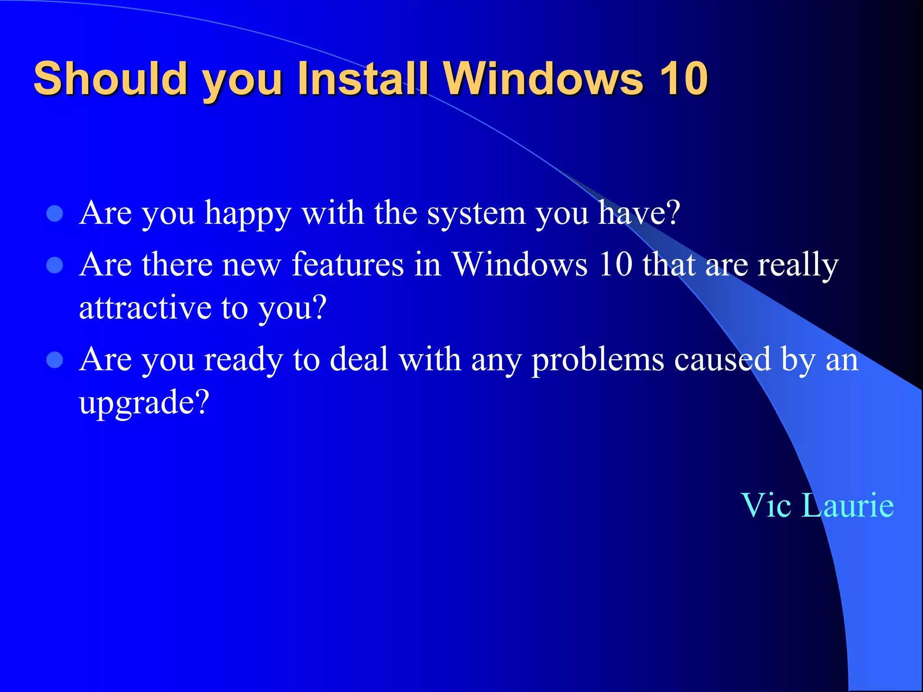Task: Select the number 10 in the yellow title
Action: [684, 78]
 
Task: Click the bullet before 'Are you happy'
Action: [55, 214]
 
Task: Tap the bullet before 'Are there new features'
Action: [55, 265]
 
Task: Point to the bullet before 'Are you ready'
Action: [55, 360]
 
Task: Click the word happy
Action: [248, 214]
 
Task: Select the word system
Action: [476, 214]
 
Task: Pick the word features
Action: [348, 264]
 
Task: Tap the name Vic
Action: [766, 505]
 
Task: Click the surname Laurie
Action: [849, 505]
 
